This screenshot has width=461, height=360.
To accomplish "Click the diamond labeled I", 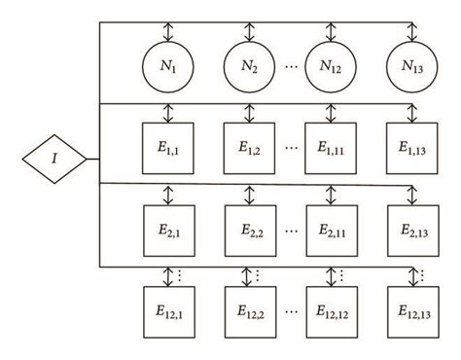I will click(54, 157).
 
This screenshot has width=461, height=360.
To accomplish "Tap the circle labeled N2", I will click(250, 66).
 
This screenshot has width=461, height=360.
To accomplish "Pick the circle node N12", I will click(332, 66).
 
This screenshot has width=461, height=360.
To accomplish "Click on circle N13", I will click(412, 66).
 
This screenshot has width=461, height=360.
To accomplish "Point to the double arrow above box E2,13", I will click(412, 193).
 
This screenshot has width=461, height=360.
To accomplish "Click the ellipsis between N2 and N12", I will click(291, 67).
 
